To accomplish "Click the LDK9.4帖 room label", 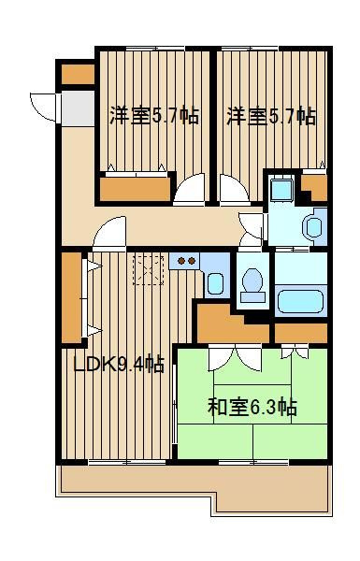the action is click(x=119, y=365).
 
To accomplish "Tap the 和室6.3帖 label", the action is click(x=252, y=407).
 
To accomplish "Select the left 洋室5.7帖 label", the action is click(x=154, y=115).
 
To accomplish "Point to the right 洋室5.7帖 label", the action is click(x=271, y=116).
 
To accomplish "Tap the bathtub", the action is click(x=300, y=301).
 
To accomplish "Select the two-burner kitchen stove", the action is click(x=184, y=261).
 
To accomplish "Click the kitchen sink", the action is click(x=216, y=283).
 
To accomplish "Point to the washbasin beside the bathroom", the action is click(x=313, y=227).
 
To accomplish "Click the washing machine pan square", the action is click(x=281, y=189).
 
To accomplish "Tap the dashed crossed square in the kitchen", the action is click(x=149, y=269).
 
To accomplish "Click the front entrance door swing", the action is click(x=43, y=107).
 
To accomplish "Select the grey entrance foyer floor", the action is click(x=78, y=108).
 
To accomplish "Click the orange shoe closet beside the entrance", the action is click(x=78, y=75).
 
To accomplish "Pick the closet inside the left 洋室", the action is click(x=135, y=189).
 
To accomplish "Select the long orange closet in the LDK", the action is click(x=72, y=297).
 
